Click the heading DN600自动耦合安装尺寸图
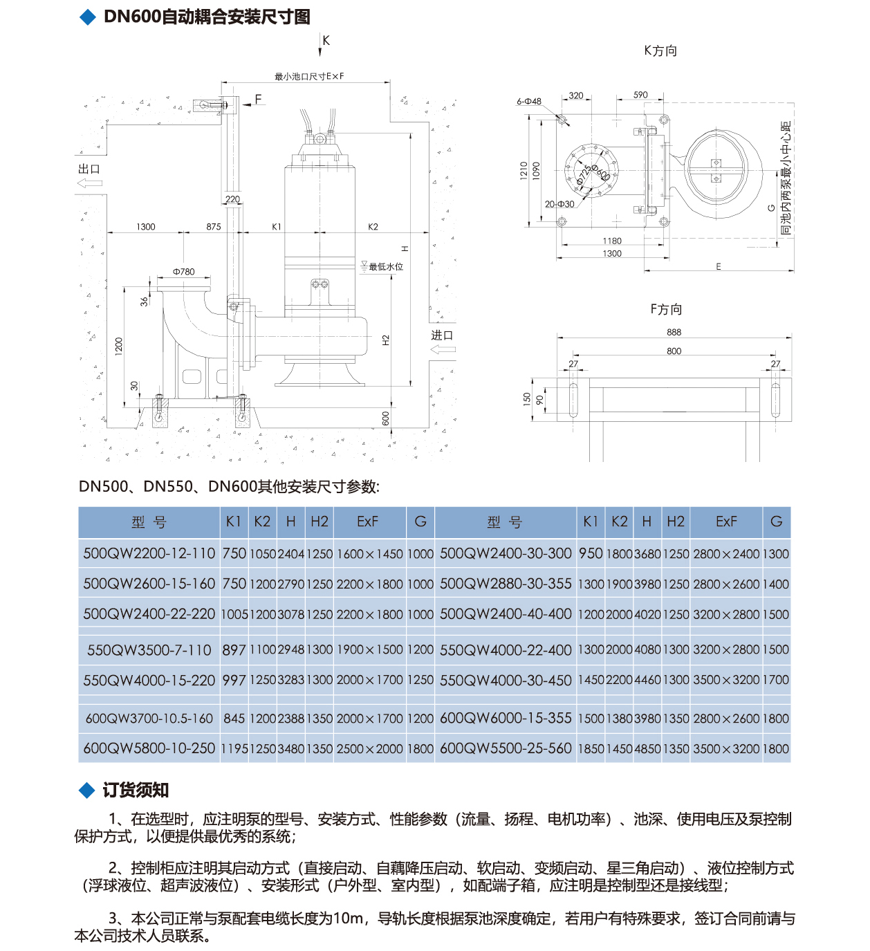(206, 17)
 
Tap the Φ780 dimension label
(183, 272)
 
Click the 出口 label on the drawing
(89, 169)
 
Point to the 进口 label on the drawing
(442, 335)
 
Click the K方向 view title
(660, 50)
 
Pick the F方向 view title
(666, 309)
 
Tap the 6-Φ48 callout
(529, 102)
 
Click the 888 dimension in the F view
(674, 332)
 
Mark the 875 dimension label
(214, 227)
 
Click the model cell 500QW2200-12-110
(149, 553)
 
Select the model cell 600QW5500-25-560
(506, 748)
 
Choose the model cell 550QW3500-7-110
(149, 650)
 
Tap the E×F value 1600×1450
(369, 554)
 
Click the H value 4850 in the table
(647, 749)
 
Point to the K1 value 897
(234, 650)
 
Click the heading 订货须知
(136, 790)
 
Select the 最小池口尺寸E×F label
(309, 77)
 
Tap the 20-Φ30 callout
(559, 204)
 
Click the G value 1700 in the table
(776, 680)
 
